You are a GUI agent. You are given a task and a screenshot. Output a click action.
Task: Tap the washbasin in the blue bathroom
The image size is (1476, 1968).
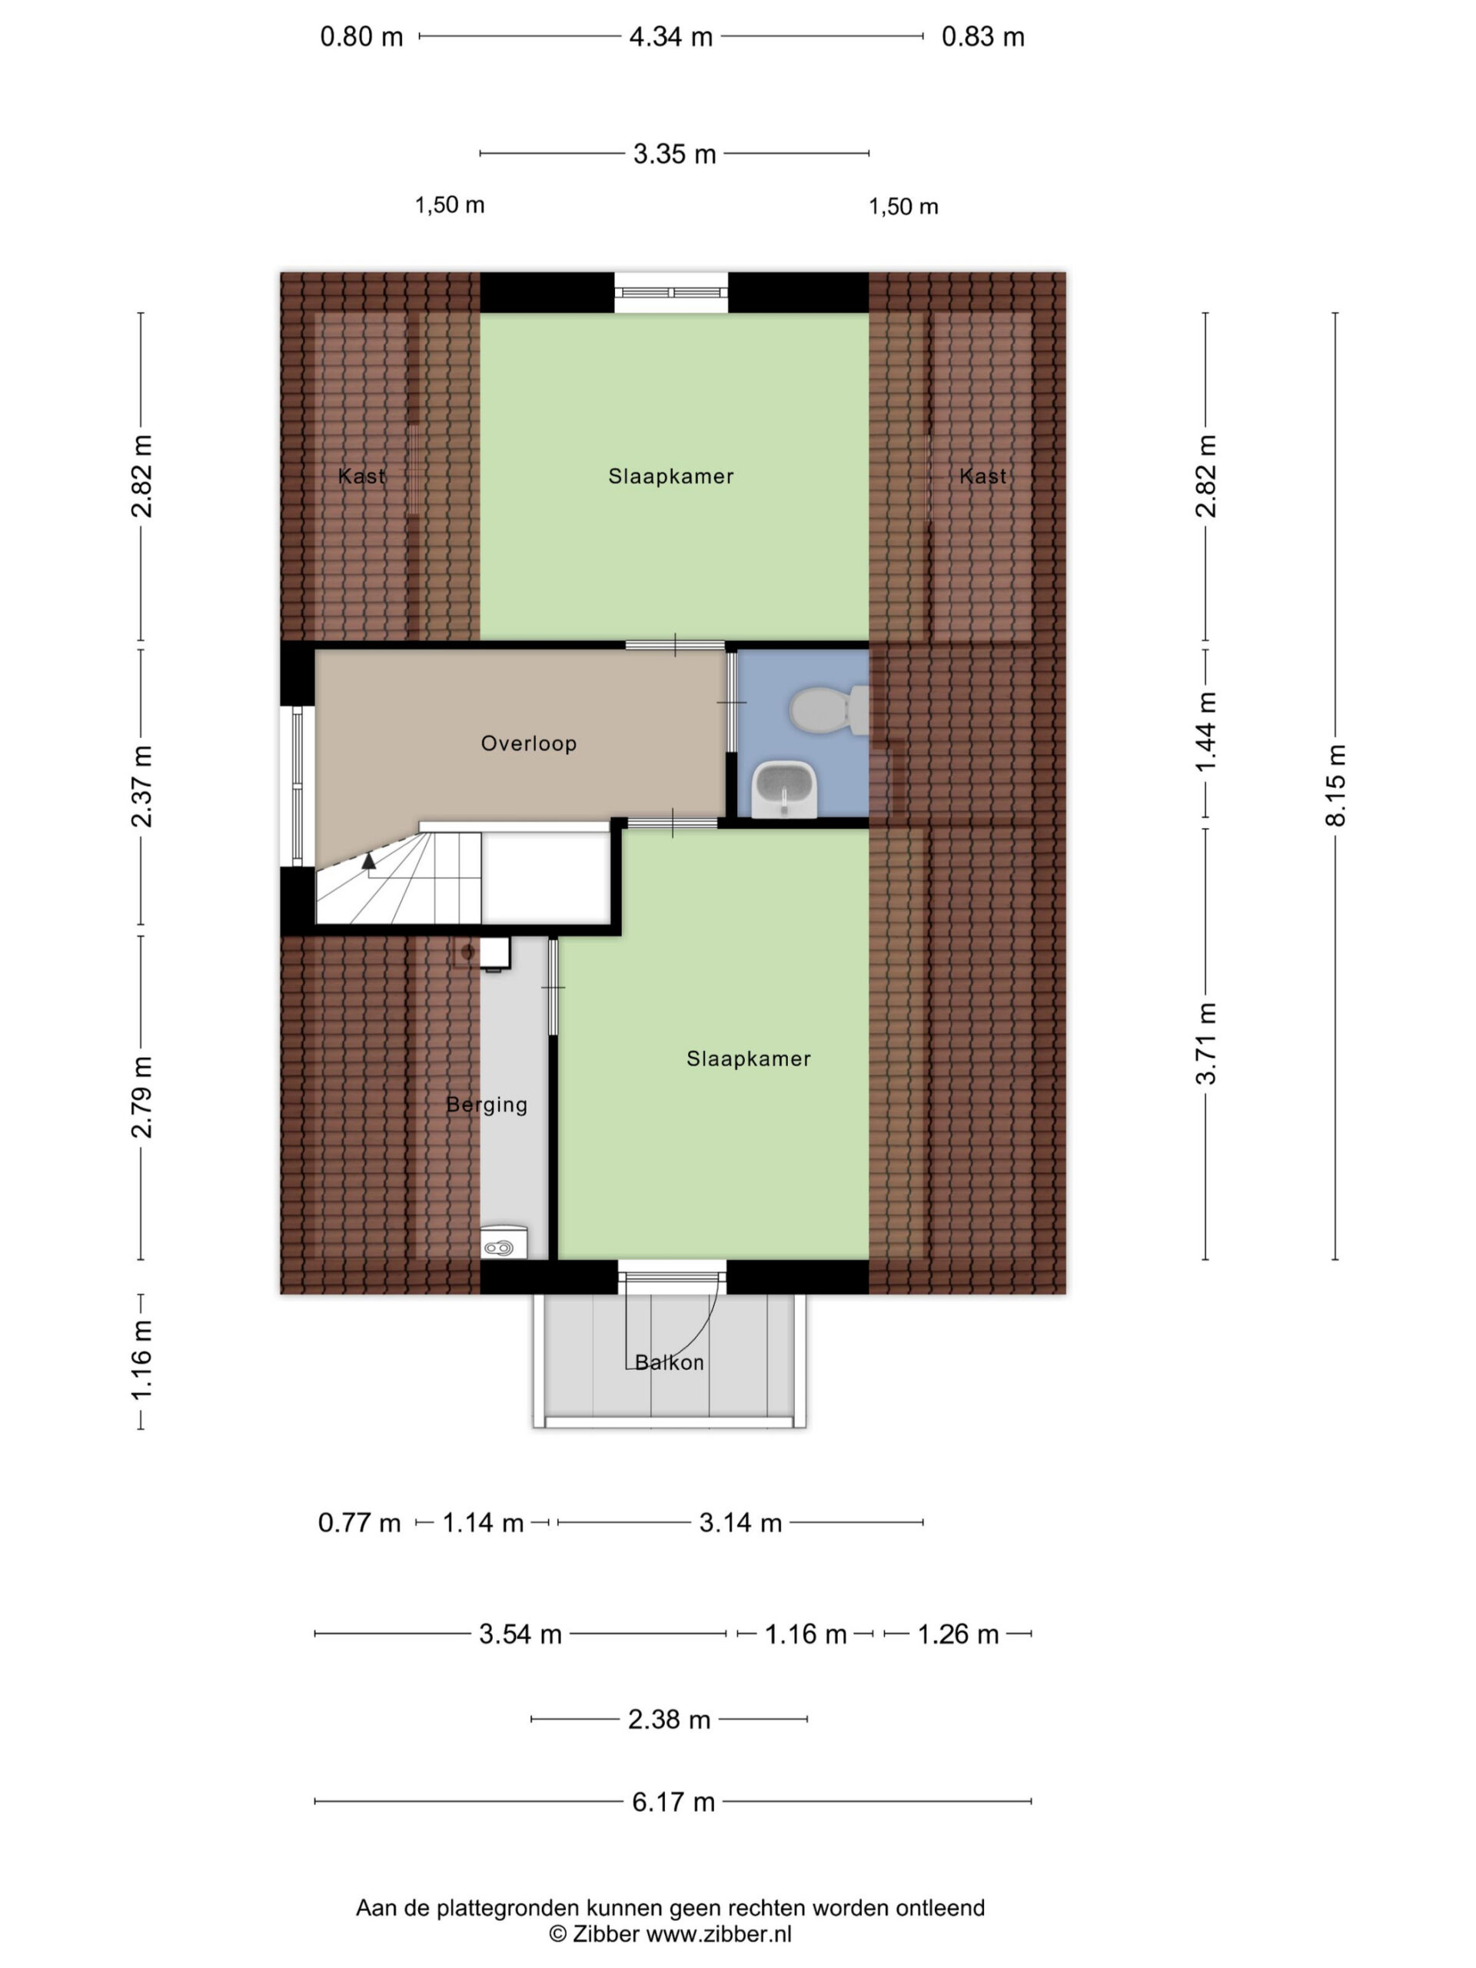784,787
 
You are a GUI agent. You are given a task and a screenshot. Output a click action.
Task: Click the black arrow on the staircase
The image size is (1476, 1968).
368,859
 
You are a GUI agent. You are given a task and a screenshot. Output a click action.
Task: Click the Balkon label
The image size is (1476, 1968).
669,1362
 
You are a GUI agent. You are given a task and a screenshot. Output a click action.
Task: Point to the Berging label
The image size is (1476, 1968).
487,1105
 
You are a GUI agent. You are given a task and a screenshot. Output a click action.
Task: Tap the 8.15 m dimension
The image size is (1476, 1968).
1335,786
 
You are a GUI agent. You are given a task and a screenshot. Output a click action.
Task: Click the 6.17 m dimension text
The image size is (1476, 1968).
673,1802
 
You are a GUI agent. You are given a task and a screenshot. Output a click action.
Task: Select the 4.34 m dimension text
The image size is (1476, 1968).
671,36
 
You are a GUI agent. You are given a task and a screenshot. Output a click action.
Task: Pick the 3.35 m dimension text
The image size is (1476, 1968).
674,154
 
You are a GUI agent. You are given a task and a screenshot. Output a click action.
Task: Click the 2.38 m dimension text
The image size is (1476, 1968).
669,1719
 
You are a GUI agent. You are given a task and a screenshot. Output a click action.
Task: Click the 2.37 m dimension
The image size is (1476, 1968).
141,786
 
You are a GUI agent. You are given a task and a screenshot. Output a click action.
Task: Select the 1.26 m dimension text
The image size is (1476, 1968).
958,1634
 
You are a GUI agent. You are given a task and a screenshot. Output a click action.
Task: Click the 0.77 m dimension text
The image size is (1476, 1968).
360,1522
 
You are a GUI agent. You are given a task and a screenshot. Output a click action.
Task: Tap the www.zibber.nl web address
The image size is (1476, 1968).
719,1934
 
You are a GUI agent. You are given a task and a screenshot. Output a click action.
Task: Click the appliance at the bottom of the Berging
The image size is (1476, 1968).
504,1242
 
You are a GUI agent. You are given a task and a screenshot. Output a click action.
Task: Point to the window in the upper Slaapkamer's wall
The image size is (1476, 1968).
672,293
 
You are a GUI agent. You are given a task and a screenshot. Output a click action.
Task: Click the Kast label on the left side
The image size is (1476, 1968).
362,476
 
